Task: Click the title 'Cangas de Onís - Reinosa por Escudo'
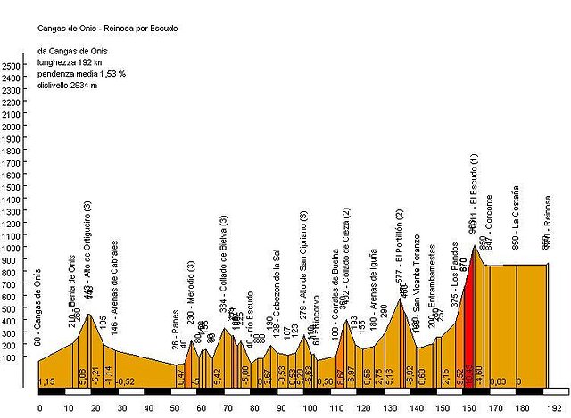tap(107, 28)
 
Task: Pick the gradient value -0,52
tap(127, 381)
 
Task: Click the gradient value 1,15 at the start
tap(46, 381)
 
